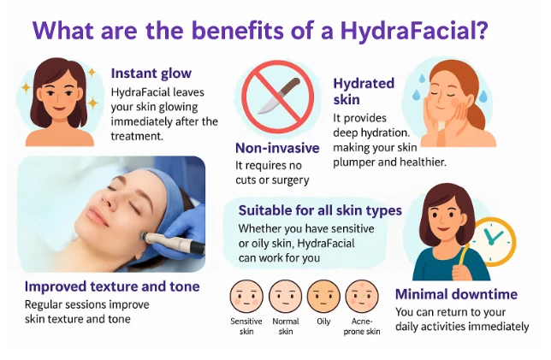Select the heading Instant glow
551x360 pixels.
[x=151, y=74]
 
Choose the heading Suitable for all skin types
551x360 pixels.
[x=320, y=210]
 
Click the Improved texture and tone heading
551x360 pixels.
[x=112, y=286]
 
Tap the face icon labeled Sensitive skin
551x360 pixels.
[x=247, y=298]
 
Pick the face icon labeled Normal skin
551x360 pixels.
[x=285, y=298]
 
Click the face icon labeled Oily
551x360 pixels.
[x=323, y=298]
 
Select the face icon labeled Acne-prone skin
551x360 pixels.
[x=361, y=298]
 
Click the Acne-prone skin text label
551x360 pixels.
[x=361, y=327]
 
